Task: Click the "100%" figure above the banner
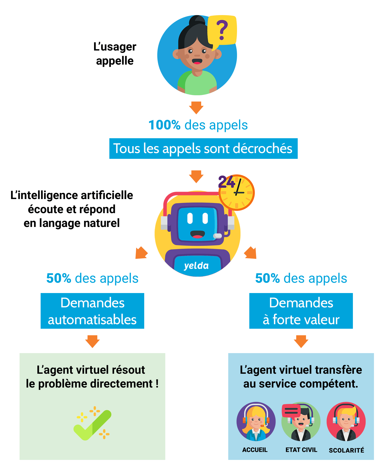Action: coord(164,125)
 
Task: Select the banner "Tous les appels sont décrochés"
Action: coord(203,149)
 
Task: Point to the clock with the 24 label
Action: coord(236,193)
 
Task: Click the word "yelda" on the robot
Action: coord(196,266)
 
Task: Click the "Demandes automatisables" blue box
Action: coord(92,311)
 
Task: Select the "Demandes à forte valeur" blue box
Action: coord(301,311)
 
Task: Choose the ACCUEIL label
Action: coord(255,450)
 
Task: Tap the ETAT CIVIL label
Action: coord(301,450)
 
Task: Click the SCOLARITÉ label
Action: coord(346,450)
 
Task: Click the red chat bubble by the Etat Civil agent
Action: coord(291,411)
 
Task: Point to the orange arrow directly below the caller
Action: coord(196,108)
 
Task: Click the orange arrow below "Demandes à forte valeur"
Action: coord(301,341)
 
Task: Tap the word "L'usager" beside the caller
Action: coord(115,47)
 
